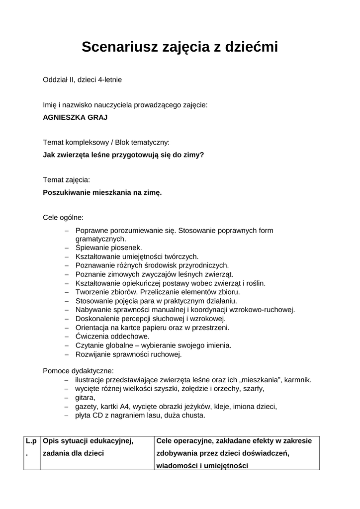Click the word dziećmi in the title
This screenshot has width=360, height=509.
click(x=248, y=47)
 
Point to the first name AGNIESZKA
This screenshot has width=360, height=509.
click(x=64, y=117)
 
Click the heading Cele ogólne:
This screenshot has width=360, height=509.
click(x=63, y=217)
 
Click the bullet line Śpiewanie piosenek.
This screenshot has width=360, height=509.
click(x=108, y=247)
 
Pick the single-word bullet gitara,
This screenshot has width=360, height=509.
click(x=85, y=398)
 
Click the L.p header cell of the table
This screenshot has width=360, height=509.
click(x=31, y=441)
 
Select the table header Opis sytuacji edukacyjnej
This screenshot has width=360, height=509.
click(x=89, y=441)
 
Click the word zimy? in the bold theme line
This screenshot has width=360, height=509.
click(x=193, y=155)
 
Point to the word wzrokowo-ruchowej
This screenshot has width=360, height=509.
click(x=263, y=310)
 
